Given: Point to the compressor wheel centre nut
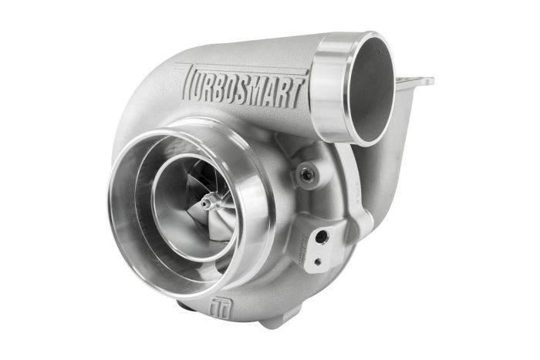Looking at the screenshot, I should [208, 204].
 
